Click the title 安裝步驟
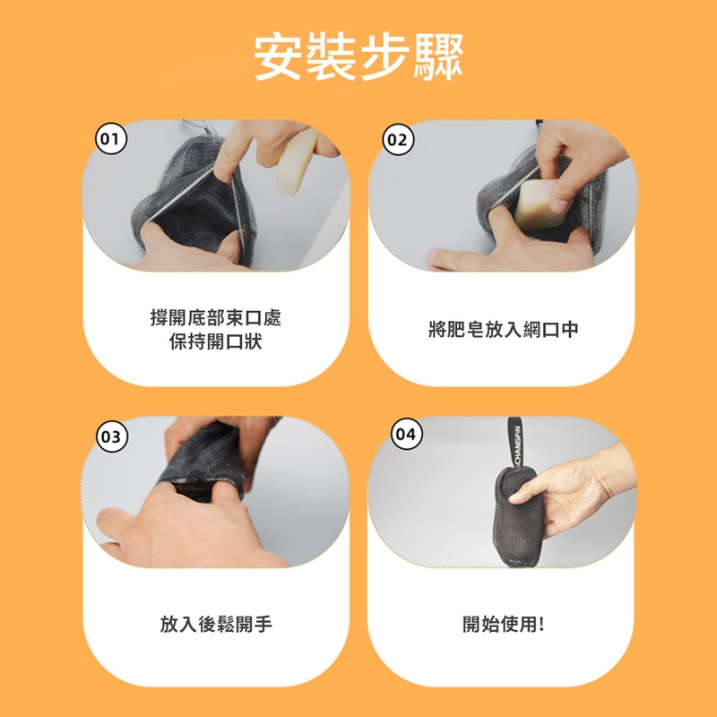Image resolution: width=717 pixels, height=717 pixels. pos(358,58)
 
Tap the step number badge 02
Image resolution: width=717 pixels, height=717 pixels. pos(397,140)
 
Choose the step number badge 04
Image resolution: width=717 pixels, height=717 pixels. pos(405,435)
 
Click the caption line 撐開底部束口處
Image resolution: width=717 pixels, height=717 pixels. pos(216,319)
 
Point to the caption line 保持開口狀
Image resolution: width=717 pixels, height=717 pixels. pos(216,342)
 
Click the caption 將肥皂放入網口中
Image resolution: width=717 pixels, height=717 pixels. pos(503,331)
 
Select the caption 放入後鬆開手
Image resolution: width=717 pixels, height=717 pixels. pos(216,625)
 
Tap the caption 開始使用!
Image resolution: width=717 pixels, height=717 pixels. pos(503,625)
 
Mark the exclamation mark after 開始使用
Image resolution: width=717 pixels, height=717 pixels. pos(541,625)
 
